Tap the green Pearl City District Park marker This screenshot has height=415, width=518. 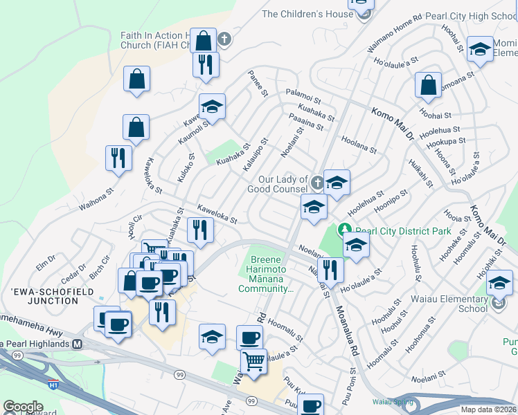coord(343,229)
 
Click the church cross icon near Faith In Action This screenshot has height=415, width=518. coord(224,39)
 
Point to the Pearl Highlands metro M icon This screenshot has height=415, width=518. coord(78,344)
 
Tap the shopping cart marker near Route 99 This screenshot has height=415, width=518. coord(254,361)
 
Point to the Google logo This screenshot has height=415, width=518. coord(23,407)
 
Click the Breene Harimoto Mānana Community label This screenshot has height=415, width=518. coord(264,275)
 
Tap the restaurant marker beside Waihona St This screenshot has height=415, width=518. coord(118,158)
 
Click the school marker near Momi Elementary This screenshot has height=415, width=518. coord(479,49)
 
